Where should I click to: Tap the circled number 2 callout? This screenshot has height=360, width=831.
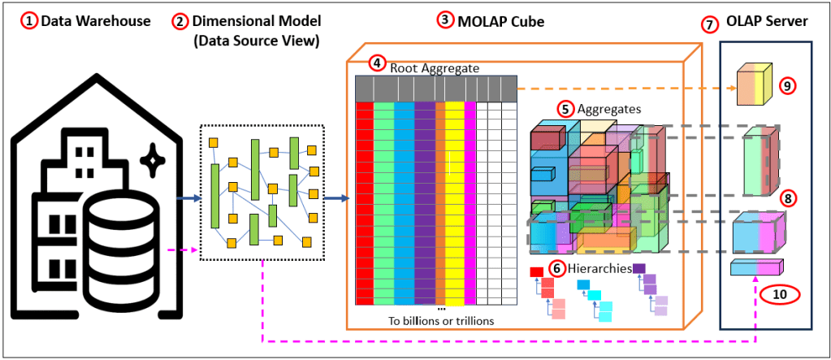pyautogui.click(x=180, y=22)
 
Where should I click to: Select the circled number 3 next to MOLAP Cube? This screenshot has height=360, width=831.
pyautogui.click(x=444, y=20)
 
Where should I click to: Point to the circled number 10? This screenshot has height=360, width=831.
pyautogui.click(x=780, y=294)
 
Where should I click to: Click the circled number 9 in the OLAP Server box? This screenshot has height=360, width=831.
pyautogui.click(x=785, y=84)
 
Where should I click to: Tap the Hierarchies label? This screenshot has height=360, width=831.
pyautogui.click(x=599, y=267)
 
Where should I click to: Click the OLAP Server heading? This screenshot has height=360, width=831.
pyautogui.click(x=766, y=22)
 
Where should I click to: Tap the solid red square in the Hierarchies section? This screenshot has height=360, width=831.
pyautogui.click(x=536, y=271)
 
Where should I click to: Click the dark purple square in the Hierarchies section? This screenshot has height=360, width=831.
pyautogui.click(x=638, y=269)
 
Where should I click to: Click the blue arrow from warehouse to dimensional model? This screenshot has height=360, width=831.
pyautogui.click(x=190, y=197)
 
